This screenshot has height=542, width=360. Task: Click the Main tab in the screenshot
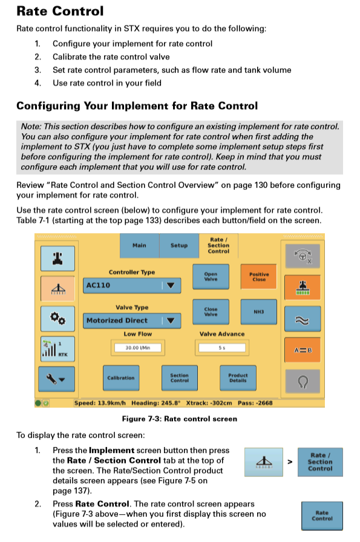[x=139, y=245]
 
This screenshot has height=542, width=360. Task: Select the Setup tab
[x=179, y=245]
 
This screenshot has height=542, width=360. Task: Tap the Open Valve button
[x=211, y=276]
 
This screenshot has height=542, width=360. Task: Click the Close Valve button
[x=211, y=312]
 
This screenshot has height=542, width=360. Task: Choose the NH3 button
[x=259, y=312]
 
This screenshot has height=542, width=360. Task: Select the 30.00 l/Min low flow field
[x=138, y=348]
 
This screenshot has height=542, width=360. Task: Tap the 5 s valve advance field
[x=222, y=348]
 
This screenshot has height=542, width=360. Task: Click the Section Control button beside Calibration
[x=179, y=377]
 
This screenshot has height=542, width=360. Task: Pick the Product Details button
[x=238, y=377]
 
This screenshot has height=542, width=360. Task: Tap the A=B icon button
[x=302, y=350]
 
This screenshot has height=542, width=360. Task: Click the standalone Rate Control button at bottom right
[x=322, y=515]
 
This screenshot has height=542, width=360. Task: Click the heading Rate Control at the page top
[x=60, y=11]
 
